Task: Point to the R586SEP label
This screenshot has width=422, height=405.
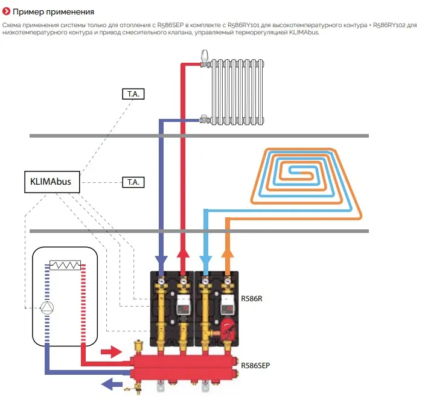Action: click(x=255, y=365)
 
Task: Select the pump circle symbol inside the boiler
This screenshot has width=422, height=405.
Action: click(x=47, y=307)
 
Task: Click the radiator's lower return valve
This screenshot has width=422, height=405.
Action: click(x=206, y=120)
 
